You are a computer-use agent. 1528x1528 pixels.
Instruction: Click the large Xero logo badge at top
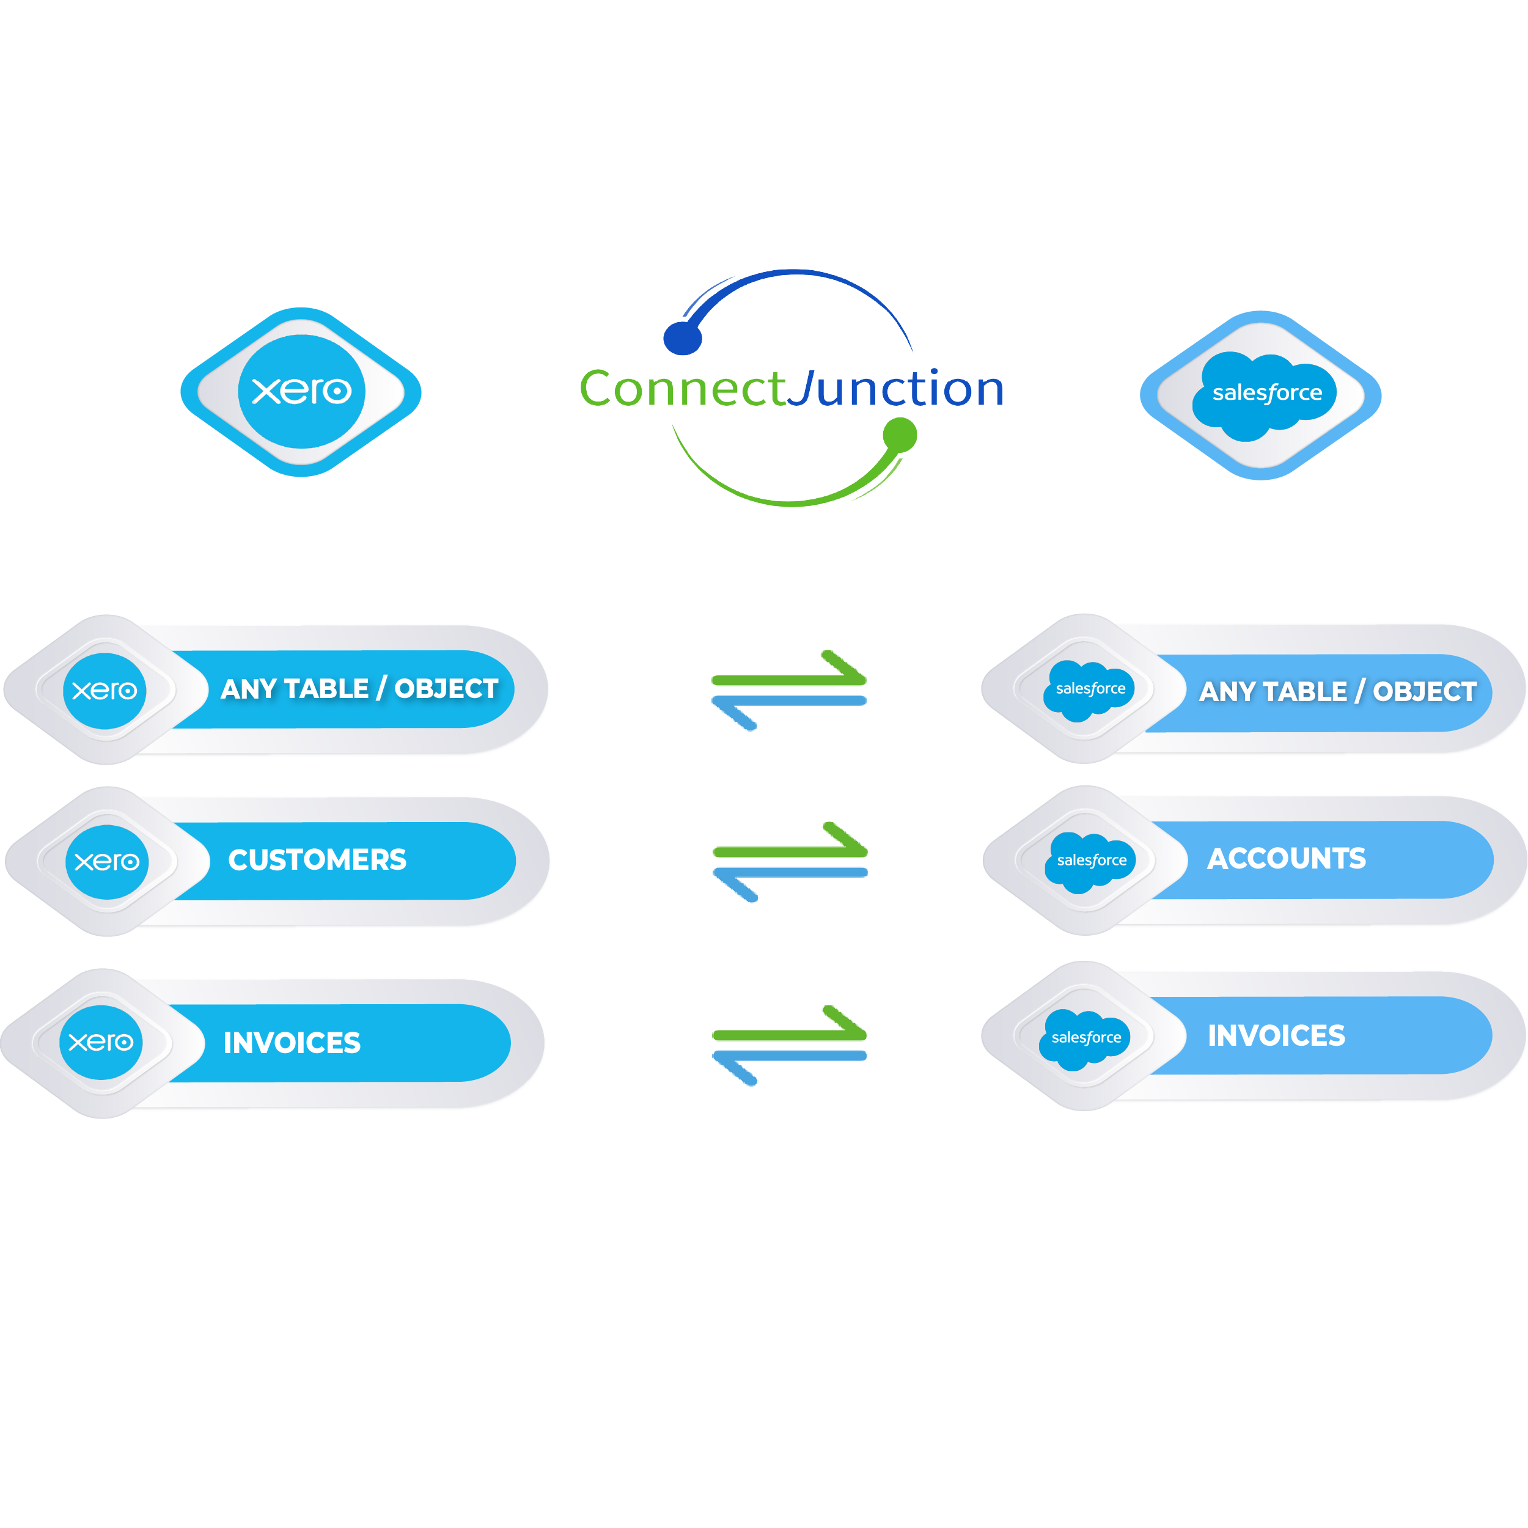click(x=301, y=392)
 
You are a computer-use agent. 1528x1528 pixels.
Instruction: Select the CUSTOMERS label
click(x=317, y=860)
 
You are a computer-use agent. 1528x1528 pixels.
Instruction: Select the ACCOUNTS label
click(x=1286, y=858)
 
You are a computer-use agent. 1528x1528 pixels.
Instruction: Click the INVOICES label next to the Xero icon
click(x=291, y=1042)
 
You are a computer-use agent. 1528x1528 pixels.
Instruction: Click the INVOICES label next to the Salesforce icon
click(x=1276, y=1035)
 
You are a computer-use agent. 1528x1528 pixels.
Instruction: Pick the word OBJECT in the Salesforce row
click(x=1423, y=691)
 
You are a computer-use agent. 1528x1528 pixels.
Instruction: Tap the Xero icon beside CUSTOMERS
click(x=107, y=861)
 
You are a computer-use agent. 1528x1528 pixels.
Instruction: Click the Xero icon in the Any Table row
click(x=105, y=691)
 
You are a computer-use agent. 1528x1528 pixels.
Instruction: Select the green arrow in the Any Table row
click(x=788, y=680)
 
